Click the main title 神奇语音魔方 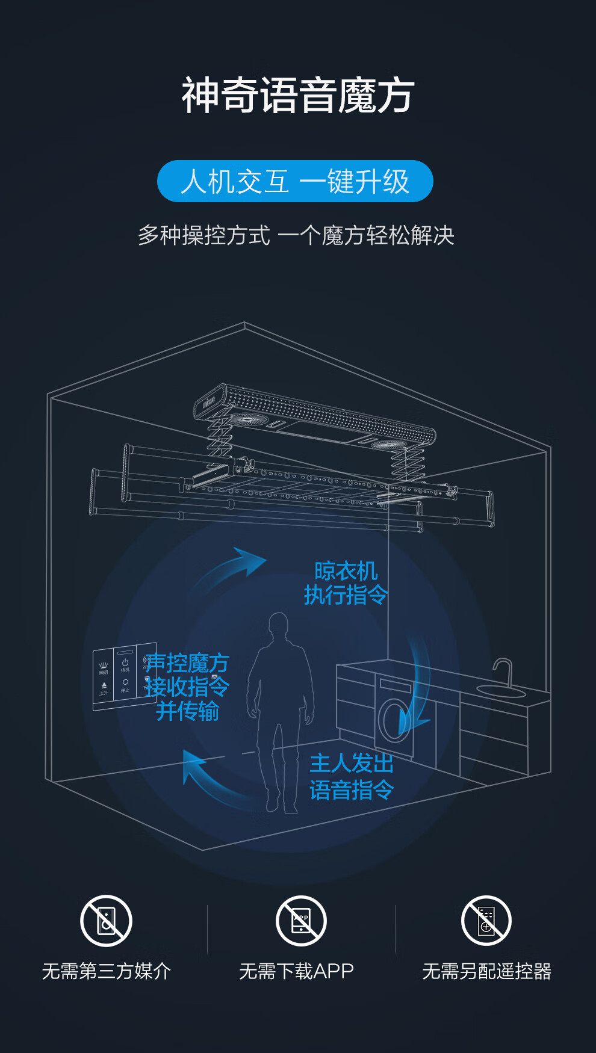point(298,95)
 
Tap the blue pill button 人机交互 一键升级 point(295,181)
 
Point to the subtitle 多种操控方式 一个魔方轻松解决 point(296,235)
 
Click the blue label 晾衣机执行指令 point(346,582)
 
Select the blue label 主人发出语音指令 point(352,776)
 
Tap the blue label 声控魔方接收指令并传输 point(187,687)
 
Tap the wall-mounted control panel point(124,676)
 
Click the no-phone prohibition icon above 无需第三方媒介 point(107,921)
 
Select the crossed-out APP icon point(301,921)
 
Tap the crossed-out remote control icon point(486,921)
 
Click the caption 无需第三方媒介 point(107,971)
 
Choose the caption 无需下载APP point(296,971)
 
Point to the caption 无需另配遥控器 point(486,971)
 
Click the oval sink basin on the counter point(501,691)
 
